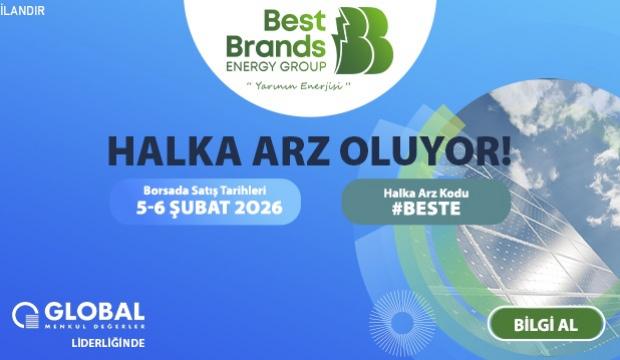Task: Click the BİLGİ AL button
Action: pos(545,324)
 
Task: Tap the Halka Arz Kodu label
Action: pos(425,192)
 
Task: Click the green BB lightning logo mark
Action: pos(365,40)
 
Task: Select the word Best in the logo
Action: pos(292,20)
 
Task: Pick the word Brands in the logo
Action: pos(276,45)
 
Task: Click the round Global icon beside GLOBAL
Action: pos(25,316)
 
